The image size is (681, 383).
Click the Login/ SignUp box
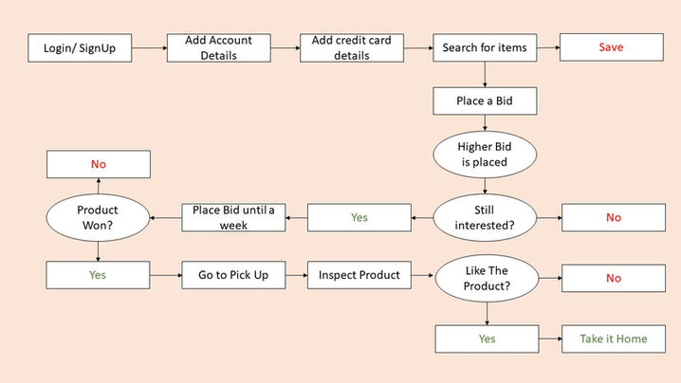[80, 47]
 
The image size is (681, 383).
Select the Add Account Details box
[219, 47]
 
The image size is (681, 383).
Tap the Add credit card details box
[352, 47]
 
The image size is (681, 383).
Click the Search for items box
[485, 47]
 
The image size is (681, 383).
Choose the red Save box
[612, 47]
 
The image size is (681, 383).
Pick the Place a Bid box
[485, 100]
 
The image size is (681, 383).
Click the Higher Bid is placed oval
[484, 154]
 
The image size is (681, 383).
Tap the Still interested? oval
[485, 217]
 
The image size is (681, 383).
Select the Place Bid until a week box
[233, 217]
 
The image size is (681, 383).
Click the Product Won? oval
[98, 217]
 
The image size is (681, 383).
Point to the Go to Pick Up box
[233, 276]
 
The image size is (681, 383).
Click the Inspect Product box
[359, 276]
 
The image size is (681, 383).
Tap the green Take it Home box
[613, 338]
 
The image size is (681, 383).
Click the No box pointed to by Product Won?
[99, 165]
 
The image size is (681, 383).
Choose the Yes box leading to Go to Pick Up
[99, 276]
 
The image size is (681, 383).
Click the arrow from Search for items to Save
[547, 47]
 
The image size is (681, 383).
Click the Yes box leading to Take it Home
[488, 338]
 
